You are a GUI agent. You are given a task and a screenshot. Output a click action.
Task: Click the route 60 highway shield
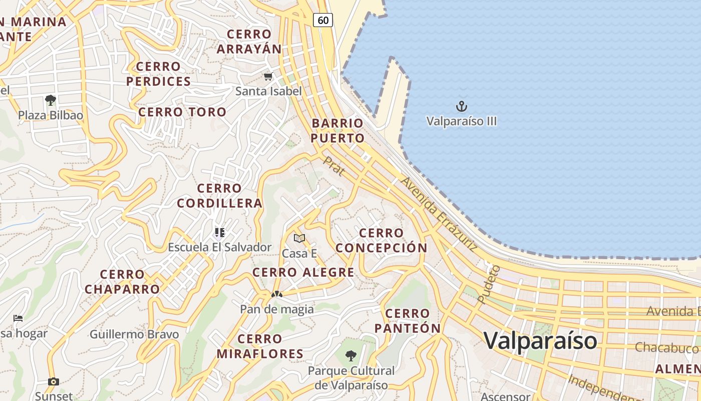323,20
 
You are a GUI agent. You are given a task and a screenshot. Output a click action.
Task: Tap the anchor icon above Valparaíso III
461,106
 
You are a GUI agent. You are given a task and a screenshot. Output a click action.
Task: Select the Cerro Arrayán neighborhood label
249,42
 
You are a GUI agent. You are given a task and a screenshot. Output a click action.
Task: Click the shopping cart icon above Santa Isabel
268,77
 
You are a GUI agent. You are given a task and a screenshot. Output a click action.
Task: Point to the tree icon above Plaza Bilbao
50,100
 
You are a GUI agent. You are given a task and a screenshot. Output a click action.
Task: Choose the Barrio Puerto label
337,130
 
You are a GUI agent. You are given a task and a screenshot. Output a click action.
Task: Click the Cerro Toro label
182,112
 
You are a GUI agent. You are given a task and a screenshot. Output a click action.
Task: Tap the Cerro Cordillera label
219,195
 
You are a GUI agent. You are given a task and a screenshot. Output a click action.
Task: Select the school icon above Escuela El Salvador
219,232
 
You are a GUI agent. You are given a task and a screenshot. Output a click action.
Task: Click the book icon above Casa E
299,238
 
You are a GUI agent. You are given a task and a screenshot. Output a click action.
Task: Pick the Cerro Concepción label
382,240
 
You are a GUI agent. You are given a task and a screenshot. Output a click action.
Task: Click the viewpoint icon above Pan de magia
276,294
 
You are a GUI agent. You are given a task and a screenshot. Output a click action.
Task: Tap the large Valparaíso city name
540,340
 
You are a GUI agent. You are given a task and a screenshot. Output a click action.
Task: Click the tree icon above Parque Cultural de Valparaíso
351,356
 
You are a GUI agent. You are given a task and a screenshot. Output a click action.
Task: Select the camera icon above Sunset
54,381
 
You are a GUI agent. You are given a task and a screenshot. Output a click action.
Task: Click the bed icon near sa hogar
18,318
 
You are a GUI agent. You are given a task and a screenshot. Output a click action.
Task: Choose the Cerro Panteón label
408,321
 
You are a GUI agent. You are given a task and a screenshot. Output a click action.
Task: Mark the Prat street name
333,166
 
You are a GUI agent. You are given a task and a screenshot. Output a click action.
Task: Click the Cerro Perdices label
158,74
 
